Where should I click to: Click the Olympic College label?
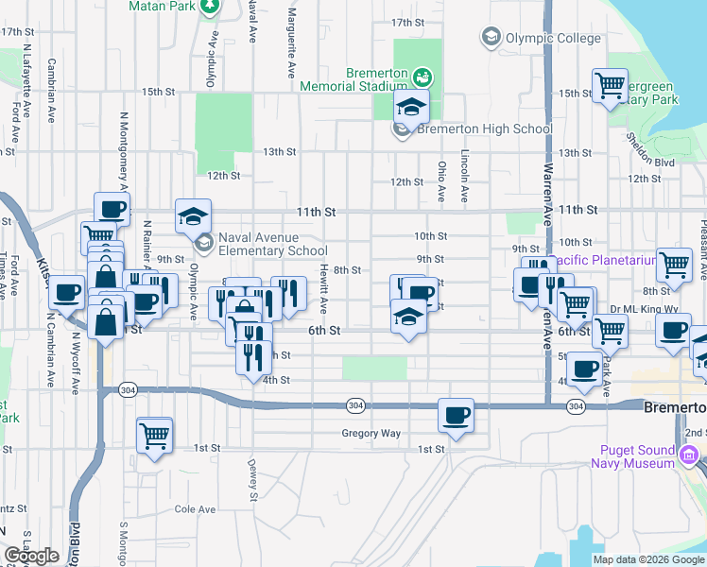coord(552,39)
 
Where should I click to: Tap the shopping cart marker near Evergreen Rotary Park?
coord(611,87)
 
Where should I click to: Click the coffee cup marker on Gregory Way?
coord(457,415)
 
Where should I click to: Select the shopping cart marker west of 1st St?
coord(155,436)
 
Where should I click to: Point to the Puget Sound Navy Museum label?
coord(633,456)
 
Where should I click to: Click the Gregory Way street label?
coord(371,434)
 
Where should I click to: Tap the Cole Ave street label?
coord(195,509)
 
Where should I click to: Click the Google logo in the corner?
coord(31,556)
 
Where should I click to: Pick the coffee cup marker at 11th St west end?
coord(112,209)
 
